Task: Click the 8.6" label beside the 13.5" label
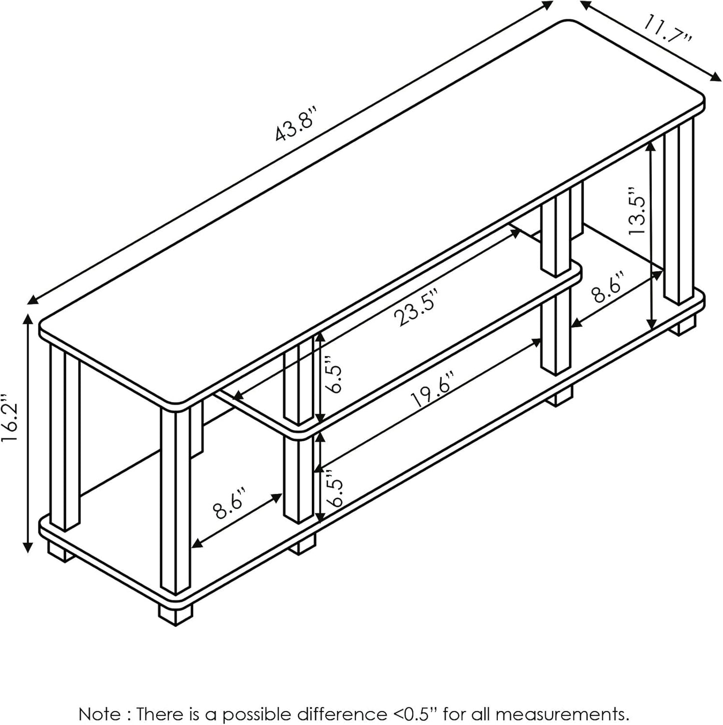click(x=607, y=289)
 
